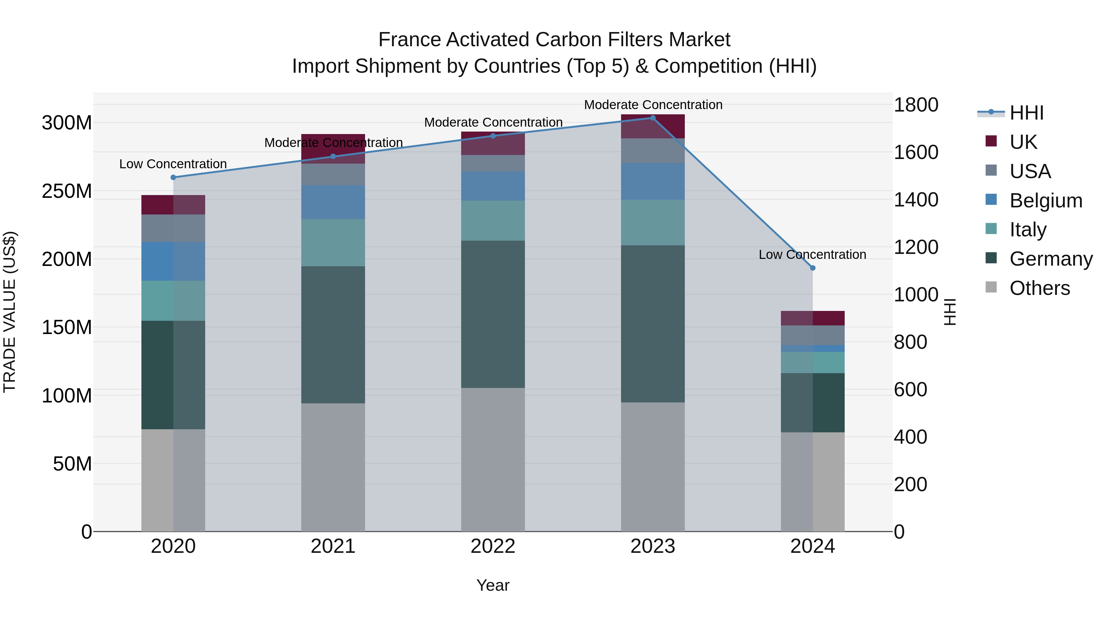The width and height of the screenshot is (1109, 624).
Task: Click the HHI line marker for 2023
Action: click(653, 118)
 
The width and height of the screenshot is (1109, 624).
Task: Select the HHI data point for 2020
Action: click(173, 177)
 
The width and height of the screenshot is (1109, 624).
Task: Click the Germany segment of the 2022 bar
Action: click(493, 314)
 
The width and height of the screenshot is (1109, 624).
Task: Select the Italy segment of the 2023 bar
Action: click(653, 223)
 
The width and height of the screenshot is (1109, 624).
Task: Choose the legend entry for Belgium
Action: click(1045, 201)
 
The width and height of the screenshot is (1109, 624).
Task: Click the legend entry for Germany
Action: click(1050, 259)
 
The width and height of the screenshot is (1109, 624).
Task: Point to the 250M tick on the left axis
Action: click(67, 191)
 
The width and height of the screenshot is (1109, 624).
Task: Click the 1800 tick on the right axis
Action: click(916, 105)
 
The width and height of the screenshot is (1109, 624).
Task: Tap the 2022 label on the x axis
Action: click(493, 546)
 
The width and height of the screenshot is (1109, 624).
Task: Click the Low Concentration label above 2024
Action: click(812, 255)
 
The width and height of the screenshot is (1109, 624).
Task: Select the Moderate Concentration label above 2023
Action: click(653, 105)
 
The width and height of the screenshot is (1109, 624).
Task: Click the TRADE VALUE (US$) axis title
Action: click(10, 312)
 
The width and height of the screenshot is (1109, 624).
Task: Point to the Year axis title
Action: click(493, 585)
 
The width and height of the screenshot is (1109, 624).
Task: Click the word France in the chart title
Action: click(409, 40)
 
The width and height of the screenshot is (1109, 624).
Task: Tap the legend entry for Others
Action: click(1039, 288)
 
